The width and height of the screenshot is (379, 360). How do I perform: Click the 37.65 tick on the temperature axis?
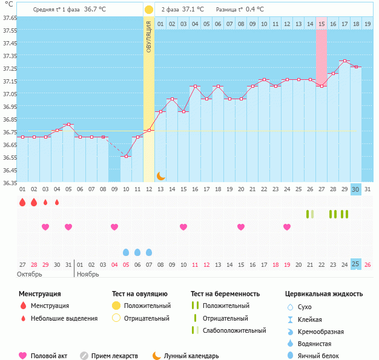[8, 18]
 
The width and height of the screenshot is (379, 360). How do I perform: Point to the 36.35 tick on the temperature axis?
[8, 182]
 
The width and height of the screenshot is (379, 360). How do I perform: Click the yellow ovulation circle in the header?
[149, 10]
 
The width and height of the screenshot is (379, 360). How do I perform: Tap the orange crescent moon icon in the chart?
[161, 175]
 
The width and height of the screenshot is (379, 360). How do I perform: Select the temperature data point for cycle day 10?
[126, 156]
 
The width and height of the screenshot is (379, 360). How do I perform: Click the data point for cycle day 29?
[344, 61]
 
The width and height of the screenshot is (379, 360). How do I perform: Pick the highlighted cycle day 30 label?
[356, 189]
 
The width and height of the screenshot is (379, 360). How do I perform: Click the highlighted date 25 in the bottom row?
[356, 264]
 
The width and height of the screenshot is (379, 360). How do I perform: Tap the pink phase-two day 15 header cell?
[321, 24]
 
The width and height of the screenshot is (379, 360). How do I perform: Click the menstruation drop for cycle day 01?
[22, 202]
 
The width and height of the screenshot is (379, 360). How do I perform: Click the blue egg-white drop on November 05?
[126, 252]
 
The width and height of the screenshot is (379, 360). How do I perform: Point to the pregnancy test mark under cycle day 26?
[310, 214]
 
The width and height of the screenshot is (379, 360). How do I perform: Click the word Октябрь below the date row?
[31, 274]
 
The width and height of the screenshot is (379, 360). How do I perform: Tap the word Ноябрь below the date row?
[87, 274]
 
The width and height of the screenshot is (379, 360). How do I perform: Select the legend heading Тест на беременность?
[225, 293]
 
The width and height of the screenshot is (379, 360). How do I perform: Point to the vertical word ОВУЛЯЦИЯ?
[149, 37]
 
